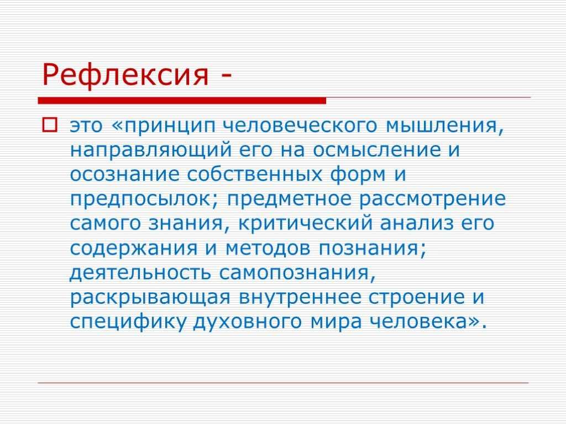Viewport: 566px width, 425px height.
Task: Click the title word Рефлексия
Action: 125,75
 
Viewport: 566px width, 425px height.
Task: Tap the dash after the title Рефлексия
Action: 226,77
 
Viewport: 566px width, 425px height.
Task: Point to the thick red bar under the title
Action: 182,101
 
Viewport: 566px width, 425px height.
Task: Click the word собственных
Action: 254,174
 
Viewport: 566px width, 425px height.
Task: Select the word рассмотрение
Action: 432,200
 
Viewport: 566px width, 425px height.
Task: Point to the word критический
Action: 305,224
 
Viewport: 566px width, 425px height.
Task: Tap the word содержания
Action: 134,248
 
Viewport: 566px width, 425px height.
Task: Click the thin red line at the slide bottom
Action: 283,382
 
